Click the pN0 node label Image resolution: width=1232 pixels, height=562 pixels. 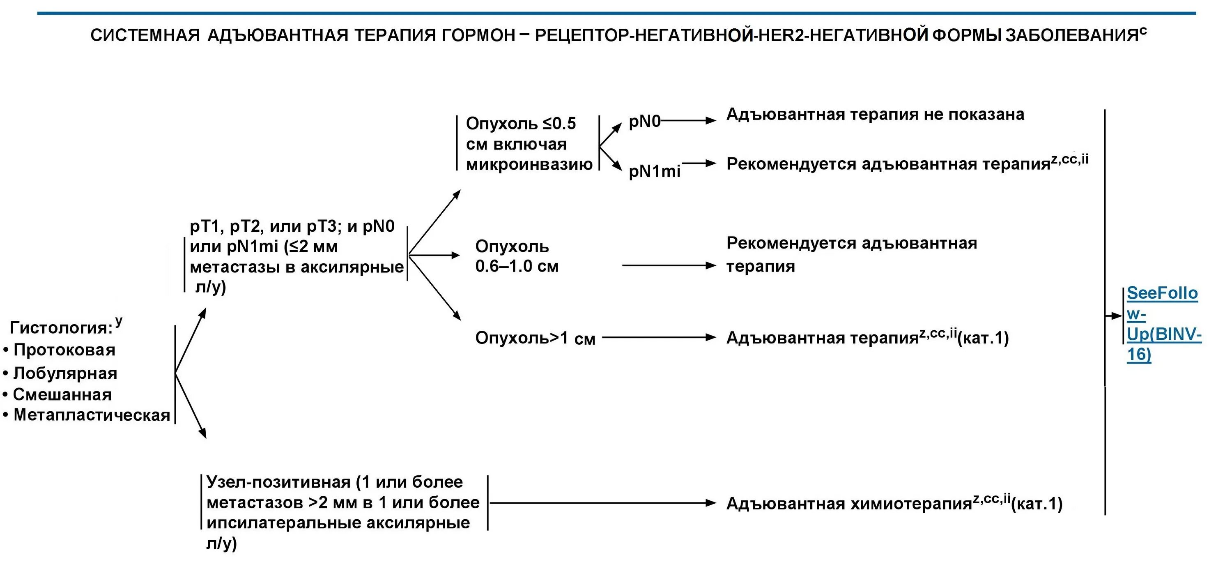point(644,122)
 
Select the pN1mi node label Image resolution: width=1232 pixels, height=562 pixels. point(654,171)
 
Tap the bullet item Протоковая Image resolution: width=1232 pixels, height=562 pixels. point(64,350)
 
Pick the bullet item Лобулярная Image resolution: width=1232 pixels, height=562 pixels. point(65,373)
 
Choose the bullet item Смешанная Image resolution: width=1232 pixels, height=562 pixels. point(62,395)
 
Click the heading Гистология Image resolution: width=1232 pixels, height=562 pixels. point(61,328)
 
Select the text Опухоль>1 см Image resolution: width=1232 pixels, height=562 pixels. point(535,338)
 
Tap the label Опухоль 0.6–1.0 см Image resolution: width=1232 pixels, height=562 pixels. point(516,256)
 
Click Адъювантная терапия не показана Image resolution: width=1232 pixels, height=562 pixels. point(875,114)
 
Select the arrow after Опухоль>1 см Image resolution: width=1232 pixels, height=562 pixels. point(659,338)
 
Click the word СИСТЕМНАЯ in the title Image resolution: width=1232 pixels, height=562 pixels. point(145,35)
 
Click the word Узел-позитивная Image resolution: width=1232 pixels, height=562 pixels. point(280,482)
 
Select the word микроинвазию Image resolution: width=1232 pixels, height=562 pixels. point(529,165)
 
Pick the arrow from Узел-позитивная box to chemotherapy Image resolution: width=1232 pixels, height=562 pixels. point(602,503)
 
